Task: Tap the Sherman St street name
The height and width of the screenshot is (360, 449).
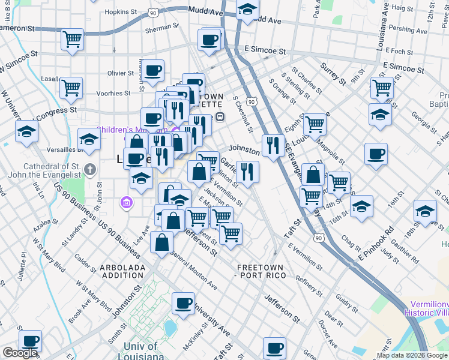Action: tap(158, 28)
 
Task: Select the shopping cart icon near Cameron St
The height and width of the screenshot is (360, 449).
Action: tap(72, 40)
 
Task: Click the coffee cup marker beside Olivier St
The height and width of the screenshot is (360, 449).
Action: tap(152, 70)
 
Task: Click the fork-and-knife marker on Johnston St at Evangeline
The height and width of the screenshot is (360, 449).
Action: tap(273, 145)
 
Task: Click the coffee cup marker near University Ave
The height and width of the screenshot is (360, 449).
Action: tap(183, 304)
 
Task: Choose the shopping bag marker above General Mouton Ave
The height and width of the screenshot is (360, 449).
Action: tap(162, 242)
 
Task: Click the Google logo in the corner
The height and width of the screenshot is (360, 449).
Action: tap(20, 353)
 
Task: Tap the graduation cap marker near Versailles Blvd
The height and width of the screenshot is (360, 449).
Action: tap(89, 142)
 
